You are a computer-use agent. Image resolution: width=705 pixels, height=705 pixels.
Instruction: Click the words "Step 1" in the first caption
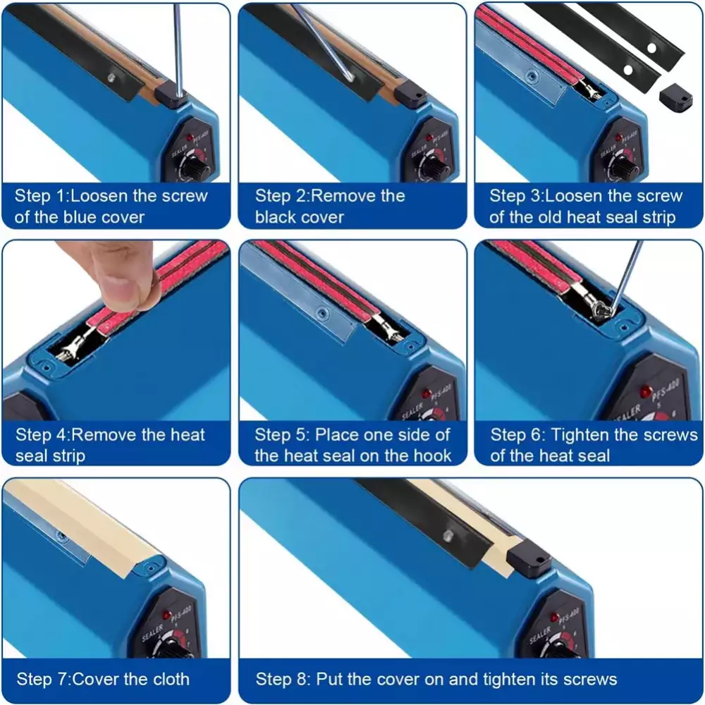coord(40,196)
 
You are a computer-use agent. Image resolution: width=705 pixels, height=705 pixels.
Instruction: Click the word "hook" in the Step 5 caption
coord(433,456)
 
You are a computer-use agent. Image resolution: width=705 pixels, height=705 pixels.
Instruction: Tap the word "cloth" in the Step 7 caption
coord(170,679)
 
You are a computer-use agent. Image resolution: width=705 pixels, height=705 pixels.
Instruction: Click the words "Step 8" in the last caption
coord(283,679)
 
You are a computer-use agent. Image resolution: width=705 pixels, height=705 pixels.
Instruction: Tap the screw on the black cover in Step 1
coord(111,78)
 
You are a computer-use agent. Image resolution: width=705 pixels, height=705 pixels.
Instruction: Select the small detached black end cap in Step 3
coord(675,97)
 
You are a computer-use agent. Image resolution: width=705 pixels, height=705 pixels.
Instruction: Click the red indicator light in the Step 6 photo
coord(646,391)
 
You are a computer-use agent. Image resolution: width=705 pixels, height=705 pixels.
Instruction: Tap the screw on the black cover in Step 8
coord(448,535)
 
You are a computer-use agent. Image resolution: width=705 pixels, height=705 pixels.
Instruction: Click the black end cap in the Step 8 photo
coord(529,558)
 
